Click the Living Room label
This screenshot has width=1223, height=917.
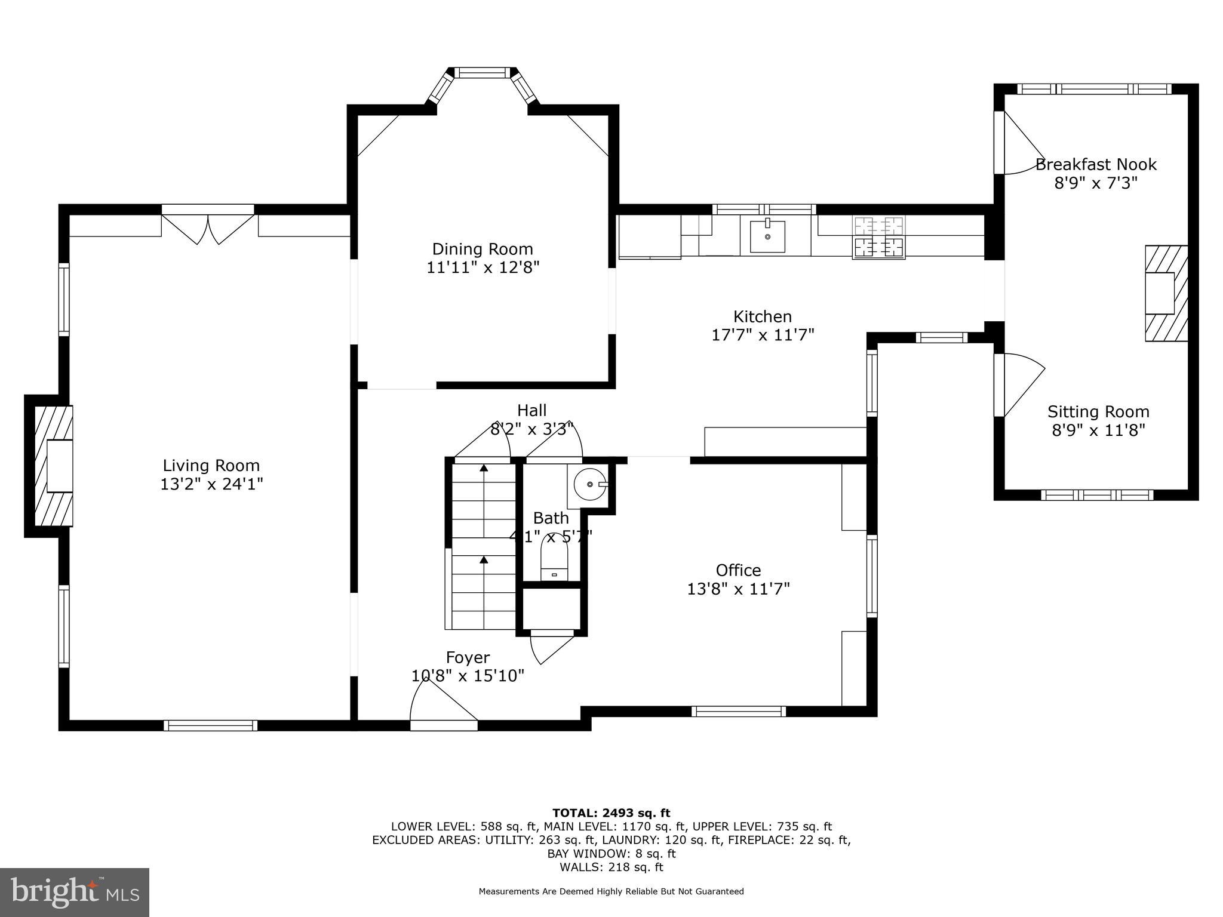click(211, 466)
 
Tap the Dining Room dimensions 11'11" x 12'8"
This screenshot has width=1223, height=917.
click(483, 267)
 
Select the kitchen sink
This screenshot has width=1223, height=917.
click(767, 236)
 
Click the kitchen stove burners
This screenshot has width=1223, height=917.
click(878, 237)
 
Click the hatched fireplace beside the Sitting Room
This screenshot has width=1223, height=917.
click(1165, 293)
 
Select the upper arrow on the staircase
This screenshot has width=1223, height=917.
click(483, 468)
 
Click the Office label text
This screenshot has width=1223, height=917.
click(738, 570)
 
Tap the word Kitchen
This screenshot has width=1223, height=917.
click(763, 316)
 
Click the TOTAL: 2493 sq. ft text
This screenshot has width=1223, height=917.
click(611, 813)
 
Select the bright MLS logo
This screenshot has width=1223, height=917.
click(75, 892)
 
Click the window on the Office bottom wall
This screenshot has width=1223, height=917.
click(739, 710)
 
